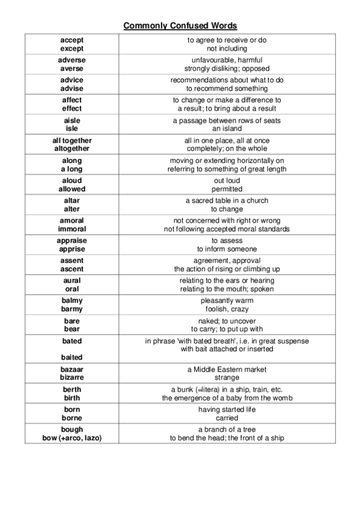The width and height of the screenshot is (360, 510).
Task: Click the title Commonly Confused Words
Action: coord(180,26)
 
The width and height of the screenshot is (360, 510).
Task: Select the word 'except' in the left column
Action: coord(72,48)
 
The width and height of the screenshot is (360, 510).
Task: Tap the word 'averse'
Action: coord(72,69)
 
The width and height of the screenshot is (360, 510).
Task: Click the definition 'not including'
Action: coord(227,48)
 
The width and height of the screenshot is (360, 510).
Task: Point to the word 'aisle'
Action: coord(72,120)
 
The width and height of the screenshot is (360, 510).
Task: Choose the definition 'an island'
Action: coord(227,129)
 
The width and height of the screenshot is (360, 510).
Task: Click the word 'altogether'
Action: coord(72,149)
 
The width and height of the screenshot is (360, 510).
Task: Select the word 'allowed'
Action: coord(72,189)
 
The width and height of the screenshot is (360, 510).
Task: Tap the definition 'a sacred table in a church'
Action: coord(227,200)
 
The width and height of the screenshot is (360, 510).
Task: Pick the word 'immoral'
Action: coord(72,229)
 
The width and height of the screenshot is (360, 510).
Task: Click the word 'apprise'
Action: coord(72,249)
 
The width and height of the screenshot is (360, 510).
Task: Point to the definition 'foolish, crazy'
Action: coord(227,309)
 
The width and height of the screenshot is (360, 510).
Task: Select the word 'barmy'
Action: coord(72,309)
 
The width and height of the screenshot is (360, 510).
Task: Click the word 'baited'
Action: coord(72,357)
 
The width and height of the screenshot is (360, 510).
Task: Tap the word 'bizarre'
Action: coord(72,378)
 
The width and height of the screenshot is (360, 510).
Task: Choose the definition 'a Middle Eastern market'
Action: coord(227,369)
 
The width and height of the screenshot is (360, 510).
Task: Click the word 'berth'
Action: coord(72,389)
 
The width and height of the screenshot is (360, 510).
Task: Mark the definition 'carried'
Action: coord(227,418)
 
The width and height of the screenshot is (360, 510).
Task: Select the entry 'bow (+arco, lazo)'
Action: coord(72,438)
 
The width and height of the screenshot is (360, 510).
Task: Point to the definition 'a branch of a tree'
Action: coord(227,429)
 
